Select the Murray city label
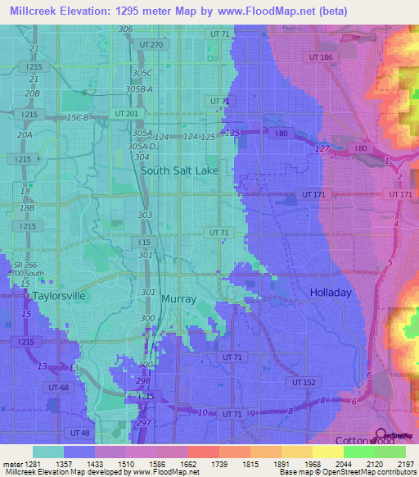(x=178, y=299)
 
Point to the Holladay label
(x=330, y=293)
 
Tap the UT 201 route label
(x=128, y=113)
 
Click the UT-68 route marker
(x=58, y=387)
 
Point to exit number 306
(x=125, y=30)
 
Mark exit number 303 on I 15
(x=145, y=215)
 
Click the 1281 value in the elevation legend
(x=25, y=464)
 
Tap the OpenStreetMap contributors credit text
(x=369, y=472)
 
